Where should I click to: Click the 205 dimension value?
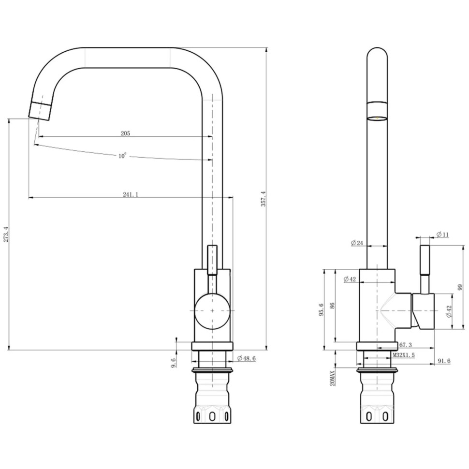coord(125,133)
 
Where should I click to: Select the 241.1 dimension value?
coord(131,195)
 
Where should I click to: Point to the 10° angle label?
coord(122,156)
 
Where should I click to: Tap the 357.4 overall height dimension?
coord(263,199)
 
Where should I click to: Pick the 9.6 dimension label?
coord(174,363)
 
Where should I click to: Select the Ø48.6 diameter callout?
coord(247,358)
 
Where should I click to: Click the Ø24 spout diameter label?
coord(357,243)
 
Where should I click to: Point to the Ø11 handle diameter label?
coord(443,234)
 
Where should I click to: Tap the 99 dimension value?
coord(460,287)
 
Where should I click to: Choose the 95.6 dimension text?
coord(321,309)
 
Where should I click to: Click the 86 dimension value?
coord(332,306)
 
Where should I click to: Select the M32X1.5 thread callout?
coord(404,355)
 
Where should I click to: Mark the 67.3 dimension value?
coord(406,345)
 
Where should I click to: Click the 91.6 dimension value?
coord(444,361)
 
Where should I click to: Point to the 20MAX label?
coord(332,378)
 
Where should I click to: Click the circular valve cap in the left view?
coord(212,311)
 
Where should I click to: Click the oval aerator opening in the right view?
coord(377,118)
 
